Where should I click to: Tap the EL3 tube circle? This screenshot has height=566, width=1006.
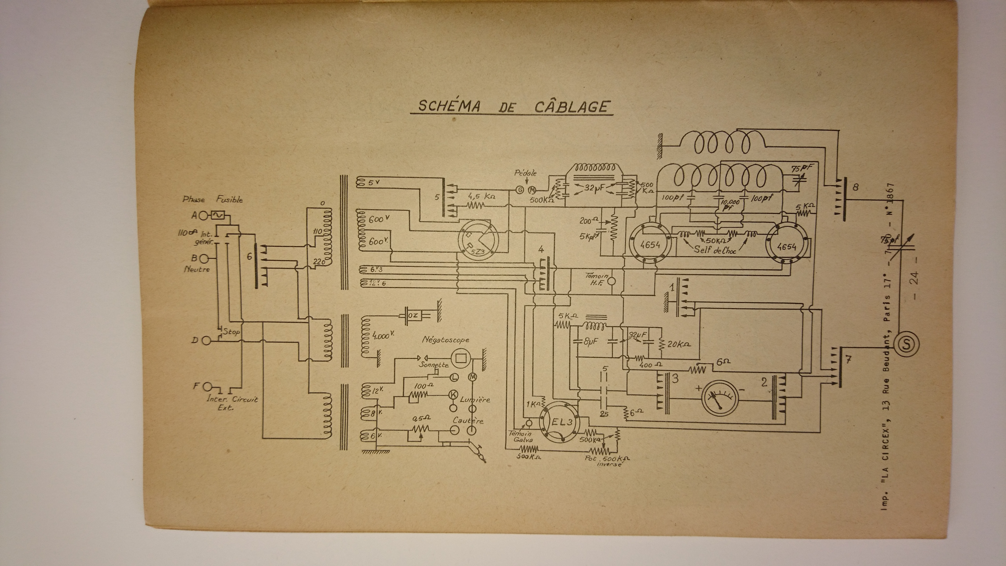(559, 422)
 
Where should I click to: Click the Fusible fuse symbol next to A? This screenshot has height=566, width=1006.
(217, 215)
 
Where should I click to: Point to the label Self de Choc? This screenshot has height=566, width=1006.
(715, 250)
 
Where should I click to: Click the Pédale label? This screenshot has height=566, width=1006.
(525, 173)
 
